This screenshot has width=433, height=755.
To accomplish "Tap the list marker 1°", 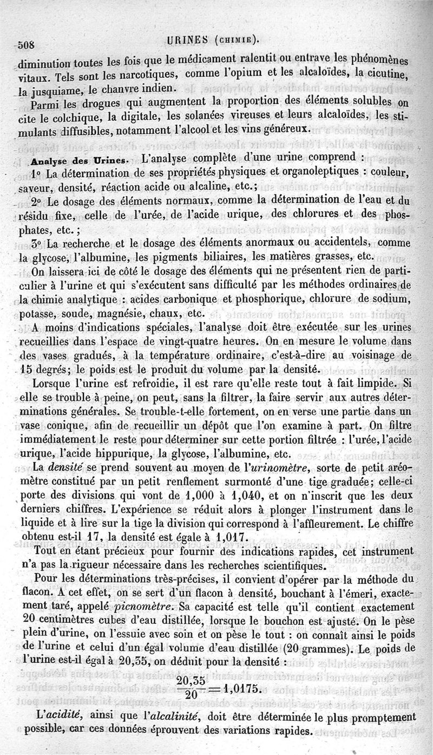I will (x=36, y=175).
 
